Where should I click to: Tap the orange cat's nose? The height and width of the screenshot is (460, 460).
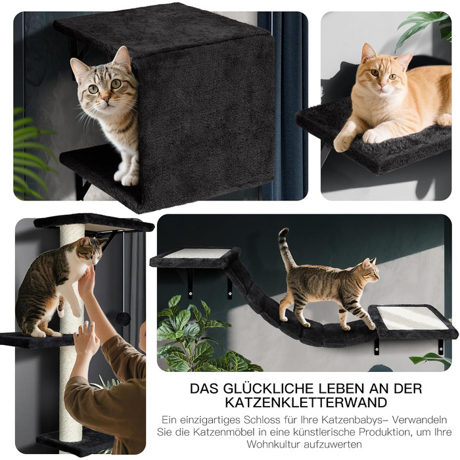382,85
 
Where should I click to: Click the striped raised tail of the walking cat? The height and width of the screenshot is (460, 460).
286,249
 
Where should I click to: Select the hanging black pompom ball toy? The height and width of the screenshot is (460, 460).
123,319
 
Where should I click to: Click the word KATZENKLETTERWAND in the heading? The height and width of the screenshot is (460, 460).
306,402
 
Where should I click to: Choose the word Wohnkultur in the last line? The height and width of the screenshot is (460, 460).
273,444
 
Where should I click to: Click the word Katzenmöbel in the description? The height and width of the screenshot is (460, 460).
219,432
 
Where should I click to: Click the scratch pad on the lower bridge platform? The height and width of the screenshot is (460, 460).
411,317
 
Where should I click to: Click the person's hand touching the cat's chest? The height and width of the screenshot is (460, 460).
86,281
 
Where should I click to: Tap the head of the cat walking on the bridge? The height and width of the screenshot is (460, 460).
369,271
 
